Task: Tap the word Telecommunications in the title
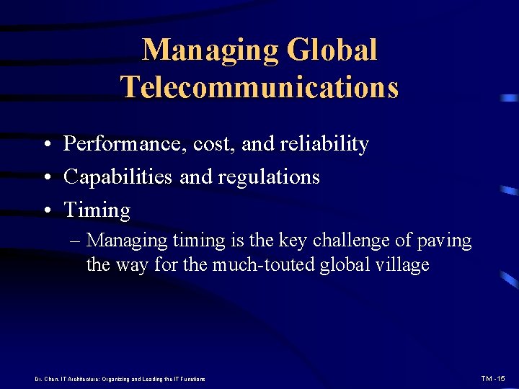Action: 259,86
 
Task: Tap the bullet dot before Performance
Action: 46,145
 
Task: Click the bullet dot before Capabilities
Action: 46,178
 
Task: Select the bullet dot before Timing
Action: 46,211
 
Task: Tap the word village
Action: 403,265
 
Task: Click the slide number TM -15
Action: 494,378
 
